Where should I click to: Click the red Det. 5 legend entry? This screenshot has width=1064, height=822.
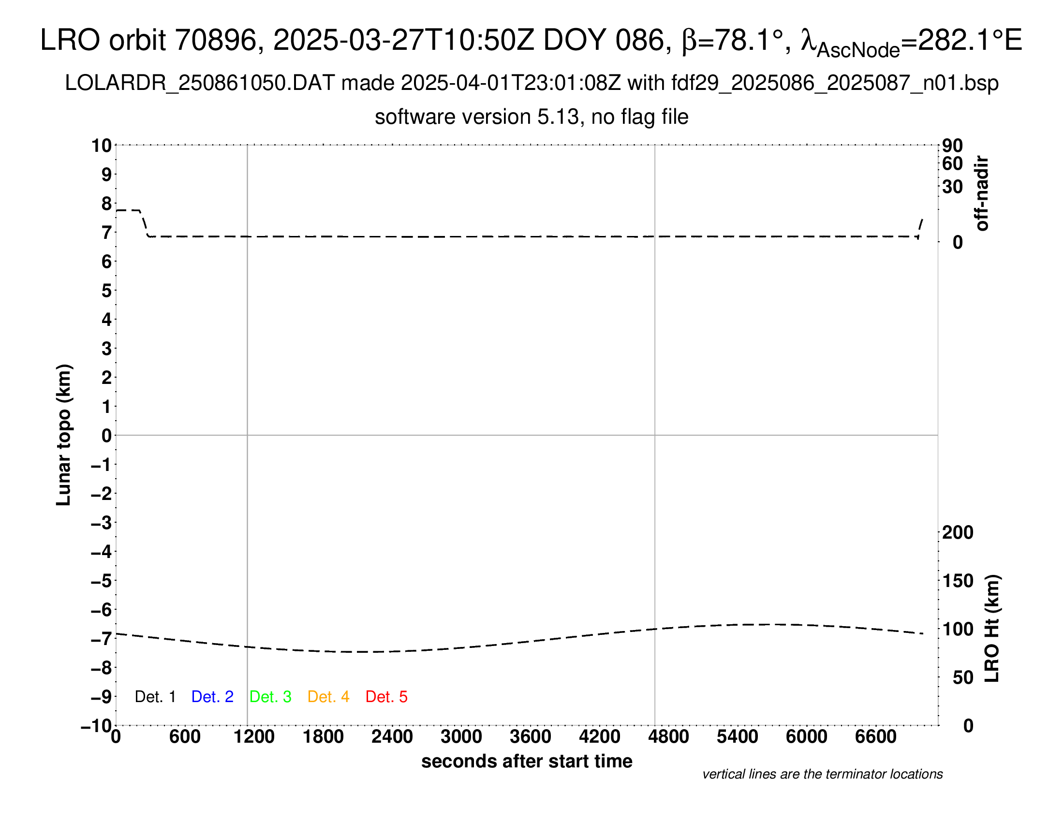click(386, 697)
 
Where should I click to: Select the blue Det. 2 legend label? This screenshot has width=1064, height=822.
click(212, 697)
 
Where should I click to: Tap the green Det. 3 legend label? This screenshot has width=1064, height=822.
click(270, 697)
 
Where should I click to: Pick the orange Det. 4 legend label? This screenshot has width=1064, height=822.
click(328, 697)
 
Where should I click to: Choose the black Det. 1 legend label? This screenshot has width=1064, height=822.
click(155, 697)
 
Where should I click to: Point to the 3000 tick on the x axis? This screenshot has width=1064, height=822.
click(461, 736)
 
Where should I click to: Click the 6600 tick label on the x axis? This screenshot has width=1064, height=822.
click(875, 736)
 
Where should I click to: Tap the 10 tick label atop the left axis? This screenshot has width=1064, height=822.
click(102, 146)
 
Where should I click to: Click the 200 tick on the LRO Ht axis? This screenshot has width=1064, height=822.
click(957, 532)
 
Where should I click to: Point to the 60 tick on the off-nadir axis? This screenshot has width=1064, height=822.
click(952, 163)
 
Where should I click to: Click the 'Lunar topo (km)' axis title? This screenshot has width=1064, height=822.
click(64, 435)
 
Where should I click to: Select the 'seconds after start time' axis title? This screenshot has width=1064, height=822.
click(527, 761)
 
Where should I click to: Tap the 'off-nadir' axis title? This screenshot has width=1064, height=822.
click(982, 193)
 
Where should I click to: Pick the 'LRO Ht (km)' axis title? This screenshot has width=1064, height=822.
click(991, 629)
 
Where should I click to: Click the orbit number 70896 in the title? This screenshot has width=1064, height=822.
click(216, 40)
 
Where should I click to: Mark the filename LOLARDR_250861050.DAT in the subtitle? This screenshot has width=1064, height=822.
click(200, 83)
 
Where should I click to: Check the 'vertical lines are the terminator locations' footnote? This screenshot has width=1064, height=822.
click(822, 774)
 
